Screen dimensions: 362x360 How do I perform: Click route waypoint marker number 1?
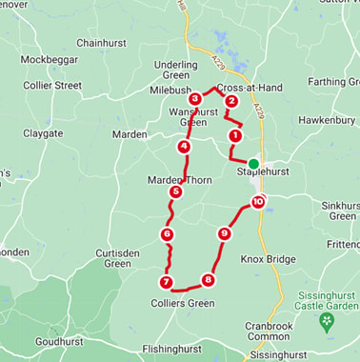[x=234, y=135]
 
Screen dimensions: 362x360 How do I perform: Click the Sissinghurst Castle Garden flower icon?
[x=327, y=321]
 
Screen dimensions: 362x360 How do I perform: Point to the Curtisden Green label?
[x=117, y=258]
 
